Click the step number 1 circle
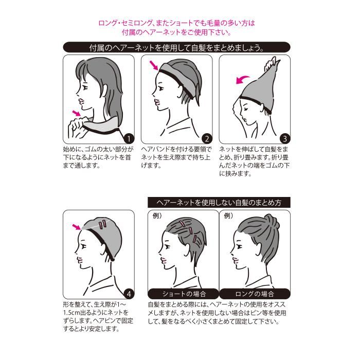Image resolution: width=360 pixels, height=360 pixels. pyautogui.click(x=129, y=138)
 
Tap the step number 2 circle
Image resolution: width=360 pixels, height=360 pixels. pyautogui.click(x=207, y=138)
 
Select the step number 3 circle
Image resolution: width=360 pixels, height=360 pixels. pyautogui.click(x=285, y=138)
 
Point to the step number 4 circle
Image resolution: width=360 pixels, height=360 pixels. pyautogui.click(x=129, y=294)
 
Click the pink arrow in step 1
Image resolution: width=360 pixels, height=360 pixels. pyautogui.click(x=77, y=113)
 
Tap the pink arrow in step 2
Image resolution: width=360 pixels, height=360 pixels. pyautogui.click(x=154, y=65)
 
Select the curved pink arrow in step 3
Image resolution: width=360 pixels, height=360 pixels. pyautogui.click(x=242, y=80)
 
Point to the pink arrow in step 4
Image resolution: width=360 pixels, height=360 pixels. pyautogui.click(x=77, y=227)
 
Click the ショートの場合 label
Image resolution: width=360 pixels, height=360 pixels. pyautogui.click(x=184, y=294)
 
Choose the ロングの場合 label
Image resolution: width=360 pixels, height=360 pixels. pyautogui.click(x=255, y=294)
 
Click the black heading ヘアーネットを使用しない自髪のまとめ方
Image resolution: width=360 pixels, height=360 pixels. pyautogui.click(x=219, y=203)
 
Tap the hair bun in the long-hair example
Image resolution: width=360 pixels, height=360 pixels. pyautogui.click(x=271, y=221)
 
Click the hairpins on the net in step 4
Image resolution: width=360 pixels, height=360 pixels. pyautogui.click(x=102, y=224)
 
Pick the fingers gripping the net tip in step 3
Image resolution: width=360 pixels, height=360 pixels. pyautogui.click(x=270, y=64)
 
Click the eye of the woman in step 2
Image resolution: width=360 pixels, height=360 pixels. pyautogui.click(x=160, y=88)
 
